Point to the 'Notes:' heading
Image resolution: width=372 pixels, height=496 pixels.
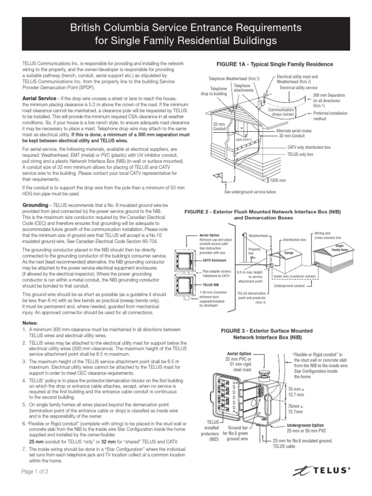pos(32,323)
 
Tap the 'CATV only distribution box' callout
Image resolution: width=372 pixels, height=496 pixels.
pos(309,147)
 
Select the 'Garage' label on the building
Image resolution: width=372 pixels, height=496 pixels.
pos(289,253)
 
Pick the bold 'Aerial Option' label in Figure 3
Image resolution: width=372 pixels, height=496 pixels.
pos(237,355)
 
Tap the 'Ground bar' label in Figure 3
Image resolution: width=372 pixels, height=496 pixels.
pos(238,429)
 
